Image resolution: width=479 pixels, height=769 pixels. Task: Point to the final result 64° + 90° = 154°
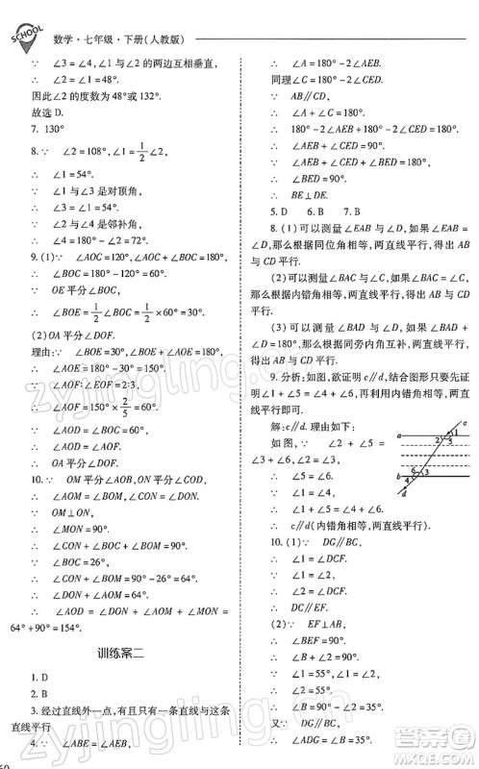tap(43, 628)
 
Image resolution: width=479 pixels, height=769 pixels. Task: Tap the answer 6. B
tap(315, 211)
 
